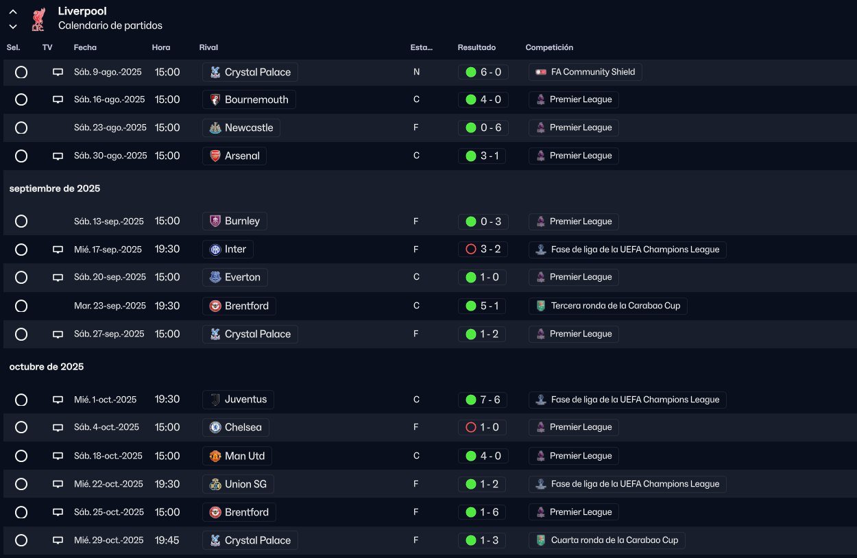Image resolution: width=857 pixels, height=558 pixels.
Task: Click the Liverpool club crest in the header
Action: pyautogui.click(x=38, y=19)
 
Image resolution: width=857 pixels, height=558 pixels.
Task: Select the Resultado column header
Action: pyautogui.click(x=476, y=48)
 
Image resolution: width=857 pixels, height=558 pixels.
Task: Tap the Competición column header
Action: pyautogui.click(x=549, y=48)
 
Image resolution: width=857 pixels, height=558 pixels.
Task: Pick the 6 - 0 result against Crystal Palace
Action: pyautogui.click(x=483, y=72)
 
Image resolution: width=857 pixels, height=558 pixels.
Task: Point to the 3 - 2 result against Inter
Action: pyautogui.click(x=483, y=250)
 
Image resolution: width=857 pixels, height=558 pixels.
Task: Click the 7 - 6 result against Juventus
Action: pyautogui.click(x=483, y=400)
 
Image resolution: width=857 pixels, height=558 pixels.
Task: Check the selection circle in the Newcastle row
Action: pyautogui.click(x=21, y=128)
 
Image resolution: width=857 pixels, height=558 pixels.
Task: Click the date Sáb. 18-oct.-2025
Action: pyautogui.click(x=108, y=456)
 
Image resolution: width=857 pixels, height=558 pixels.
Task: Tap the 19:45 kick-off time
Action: pyautogui.click(x=167, y=540)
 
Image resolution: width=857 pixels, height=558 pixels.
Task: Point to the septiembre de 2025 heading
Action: pyautogui.click(x=55, y=189)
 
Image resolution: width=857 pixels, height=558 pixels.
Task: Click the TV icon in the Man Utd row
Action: pyautogui.click(x=58, y=456)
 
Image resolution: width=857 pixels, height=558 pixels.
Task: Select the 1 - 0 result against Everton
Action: pyautogui.click(x=483, y=278)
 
